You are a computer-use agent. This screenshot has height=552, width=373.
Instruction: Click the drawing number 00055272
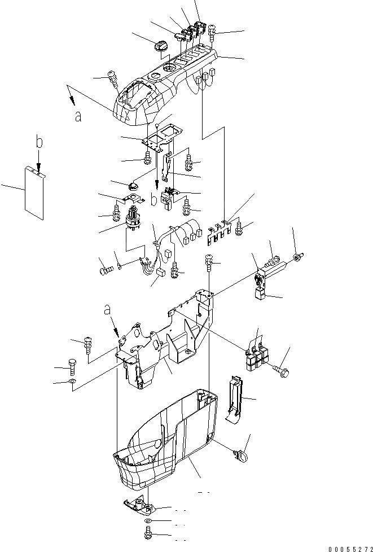[345, 547]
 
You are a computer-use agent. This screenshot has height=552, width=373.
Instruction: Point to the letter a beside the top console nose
[78, 116]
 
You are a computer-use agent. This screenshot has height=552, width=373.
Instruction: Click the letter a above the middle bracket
[107, 309]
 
